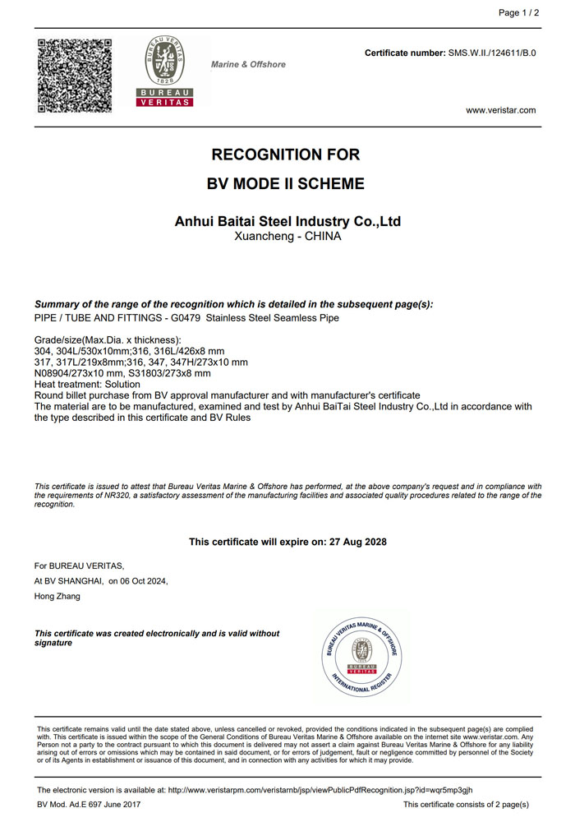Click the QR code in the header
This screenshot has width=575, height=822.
(x=74, y=75)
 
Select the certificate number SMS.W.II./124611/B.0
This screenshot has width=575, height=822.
(x=492, y=53)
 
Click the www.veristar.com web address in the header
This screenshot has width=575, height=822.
(x=500, y=110)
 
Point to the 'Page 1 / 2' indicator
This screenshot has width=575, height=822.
(x=519, y=13)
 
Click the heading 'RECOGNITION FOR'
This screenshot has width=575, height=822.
(x=286, y=155)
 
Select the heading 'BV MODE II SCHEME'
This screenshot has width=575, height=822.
(x=286, y=184)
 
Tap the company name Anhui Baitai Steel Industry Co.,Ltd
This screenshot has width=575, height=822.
(x=287, y=222)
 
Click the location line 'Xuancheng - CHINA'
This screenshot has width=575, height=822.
(x=287, y=236)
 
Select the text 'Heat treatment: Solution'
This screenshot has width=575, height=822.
(x=87, y=385)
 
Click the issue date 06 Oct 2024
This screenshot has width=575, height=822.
(x=144, y=581)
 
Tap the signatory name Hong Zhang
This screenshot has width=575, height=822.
(x=57, y=596)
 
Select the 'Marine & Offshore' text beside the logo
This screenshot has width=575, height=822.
(x=249, y=64)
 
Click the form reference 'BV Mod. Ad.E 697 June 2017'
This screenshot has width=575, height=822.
(x=90, y=805)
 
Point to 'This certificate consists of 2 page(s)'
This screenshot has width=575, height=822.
(x=466, y=805)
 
